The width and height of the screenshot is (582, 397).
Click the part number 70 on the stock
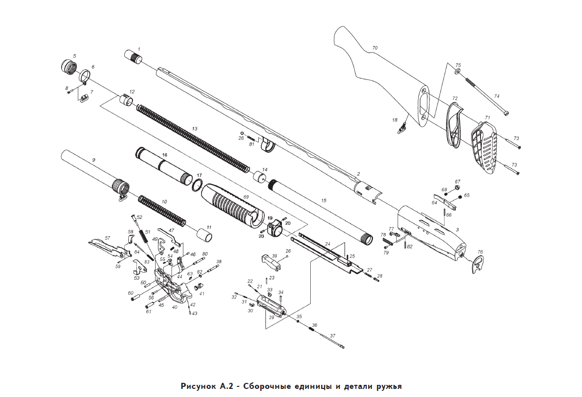click(x=374, y=48)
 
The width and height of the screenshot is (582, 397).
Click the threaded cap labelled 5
click(x=68, y=67)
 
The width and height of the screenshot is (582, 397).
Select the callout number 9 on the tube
click(x=93, y=160)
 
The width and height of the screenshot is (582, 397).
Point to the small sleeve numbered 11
click(x=204, y=234)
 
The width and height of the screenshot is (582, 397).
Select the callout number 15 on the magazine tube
click(x=323, y=201)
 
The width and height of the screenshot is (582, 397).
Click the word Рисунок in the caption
click(x=199, y=386)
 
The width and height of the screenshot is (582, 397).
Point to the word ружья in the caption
click(x=388, y=386)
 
